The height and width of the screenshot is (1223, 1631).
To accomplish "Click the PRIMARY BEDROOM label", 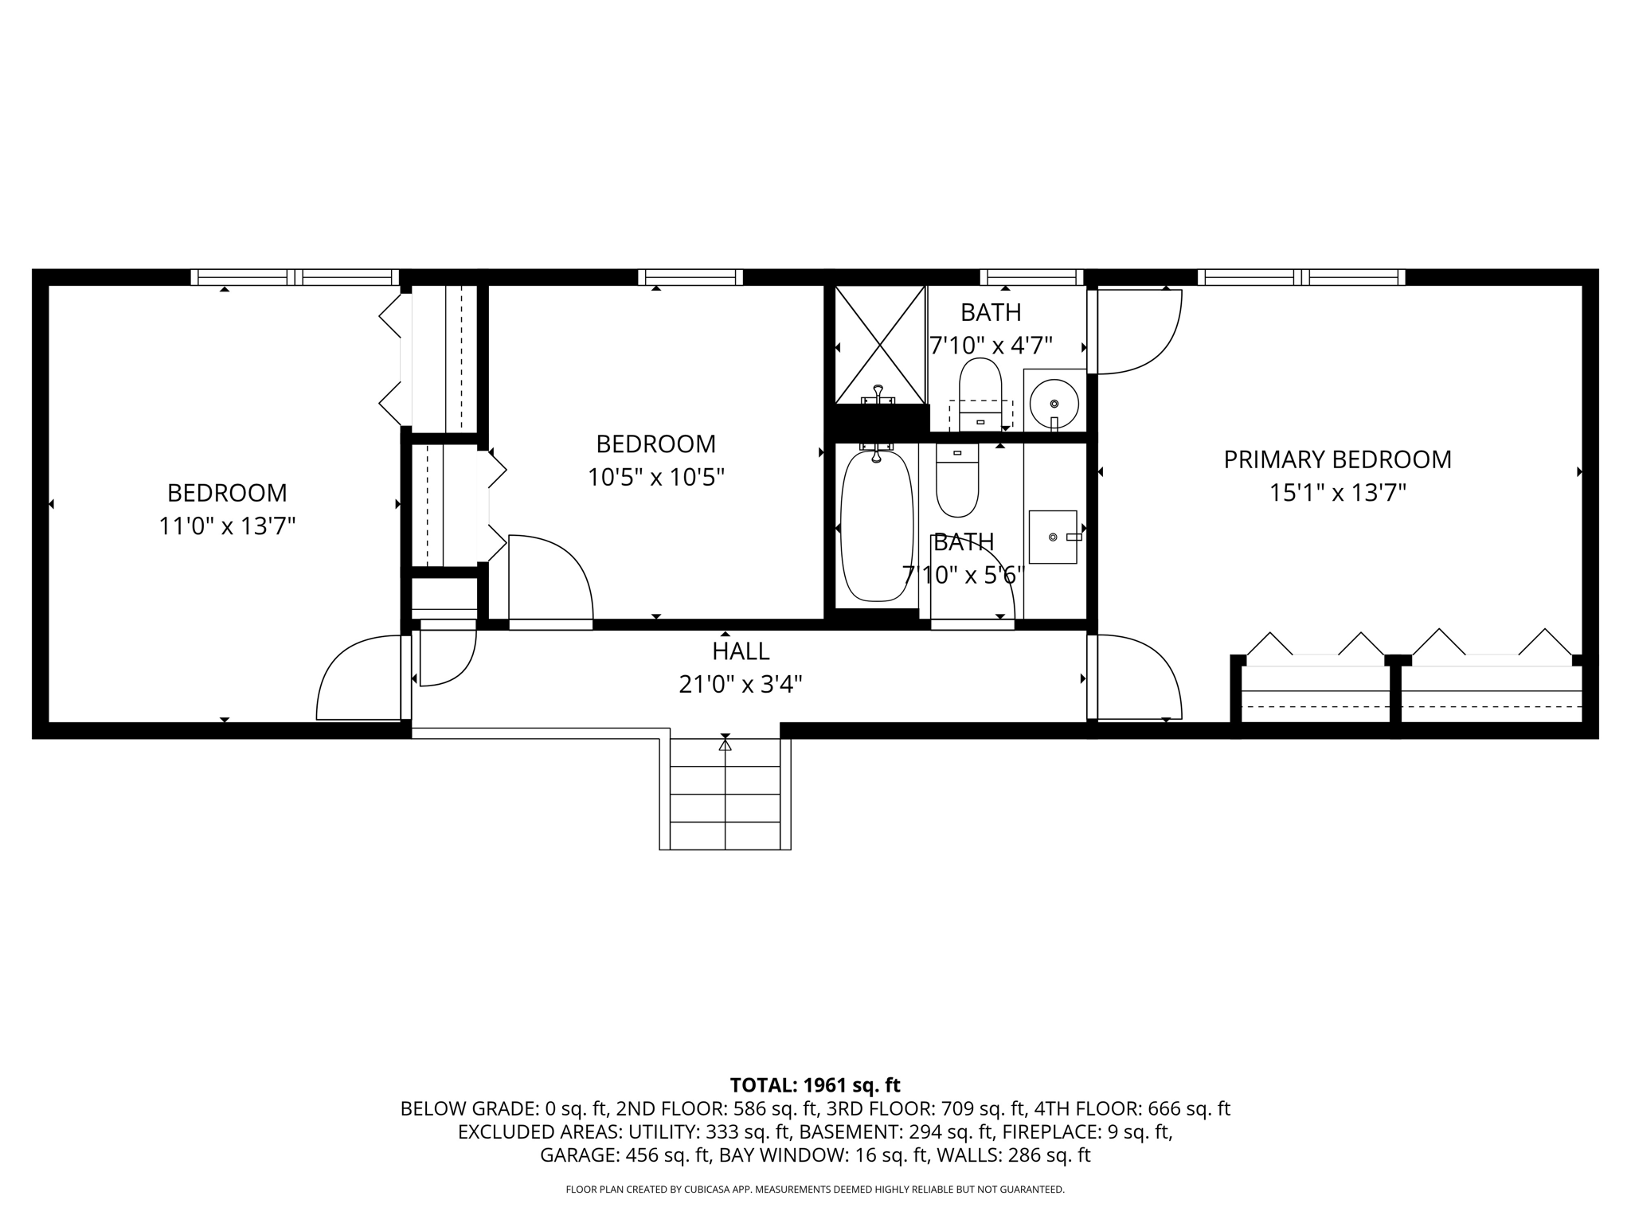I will point(1337,459).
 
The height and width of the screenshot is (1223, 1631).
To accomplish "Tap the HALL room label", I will point(741,651).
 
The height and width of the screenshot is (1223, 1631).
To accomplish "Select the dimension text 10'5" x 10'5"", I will point(655,478).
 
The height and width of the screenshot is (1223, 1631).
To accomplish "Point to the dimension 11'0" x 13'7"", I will point(227,526).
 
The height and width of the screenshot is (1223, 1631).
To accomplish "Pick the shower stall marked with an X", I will point(879,345).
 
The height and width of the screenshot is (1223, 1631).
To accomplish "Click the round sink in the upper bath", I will point(1054,403).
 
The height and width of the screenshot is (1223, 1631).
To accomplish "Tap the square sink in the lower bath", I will point(1053,537).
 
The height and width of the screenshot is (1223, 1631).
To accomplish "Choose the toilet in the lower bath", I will point(956,483).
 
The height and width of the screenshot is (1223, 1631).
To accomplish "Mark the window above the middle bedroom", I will point(690,277).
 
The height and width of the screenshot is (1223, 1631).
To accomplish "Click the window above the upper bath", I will point(1031,277).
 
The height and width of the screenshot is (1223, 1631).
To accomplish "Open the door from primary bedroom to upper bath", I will point(1135,330).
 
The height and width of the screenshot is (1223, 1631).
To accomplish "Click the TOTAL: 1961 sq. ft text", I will point(815,1085).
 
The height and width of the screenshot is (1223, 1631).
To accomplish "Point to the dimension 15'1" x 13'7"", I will point(1337,494).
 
